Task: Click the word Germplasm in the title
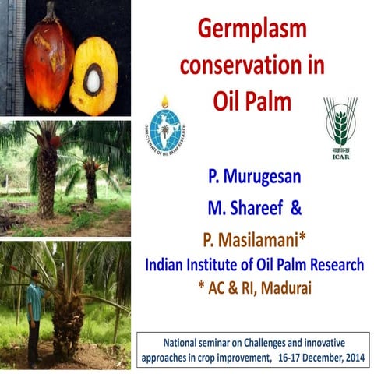coord(252,30)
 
